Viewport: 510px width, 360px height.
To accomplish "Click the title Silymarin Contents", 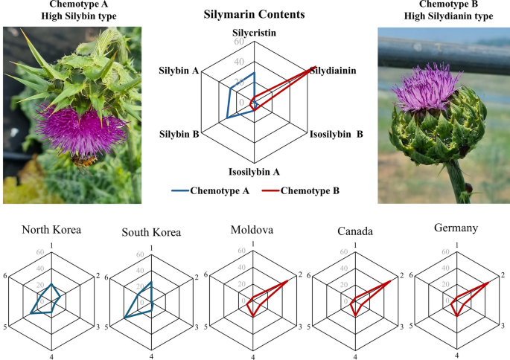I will click(x=254, y=14).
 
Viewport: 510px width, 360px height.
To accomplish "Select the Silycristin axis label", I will click(x=254, y=33).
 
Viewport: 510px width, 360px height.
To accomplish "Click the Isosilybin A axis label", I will click(x=254, y=172).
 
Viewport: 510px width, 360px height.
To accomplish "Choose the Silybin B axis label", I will click(x=179, y=135).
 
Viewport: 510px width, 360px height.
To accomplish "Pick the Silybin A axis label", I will click(x=178, y=71).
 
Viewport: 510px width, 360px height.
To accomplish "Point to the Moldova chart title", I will click(x=253, y=229).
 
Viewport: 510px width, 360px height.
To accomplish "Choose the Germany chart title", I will click(x=456, y=228).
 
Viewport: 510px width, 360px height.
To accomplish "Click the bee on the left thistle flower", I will click(x=88, y=158).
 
